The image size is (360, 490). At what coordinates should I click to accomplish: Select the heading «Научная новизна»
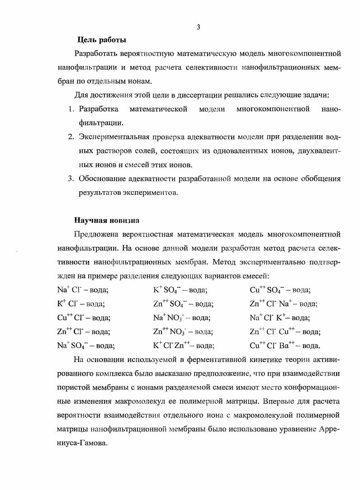107,221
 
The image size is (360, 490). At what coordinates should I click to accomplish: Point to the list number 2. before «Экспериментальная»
71,137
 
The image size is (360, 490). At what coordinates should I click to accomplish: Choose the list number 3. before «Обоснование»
71,178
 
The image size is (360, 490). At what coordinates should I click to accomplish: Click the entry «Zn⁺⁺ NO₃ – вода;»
183,332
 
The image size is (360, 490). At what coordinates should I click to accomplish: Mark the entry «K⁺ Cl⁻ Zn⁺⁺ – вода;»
184,346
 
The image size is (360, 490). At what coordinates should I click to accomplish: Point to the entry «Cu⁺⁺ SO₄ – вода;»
280,290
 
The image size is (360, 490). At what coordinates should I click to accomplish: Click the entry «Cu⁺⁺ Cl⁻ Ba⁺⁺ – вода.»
284,346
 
